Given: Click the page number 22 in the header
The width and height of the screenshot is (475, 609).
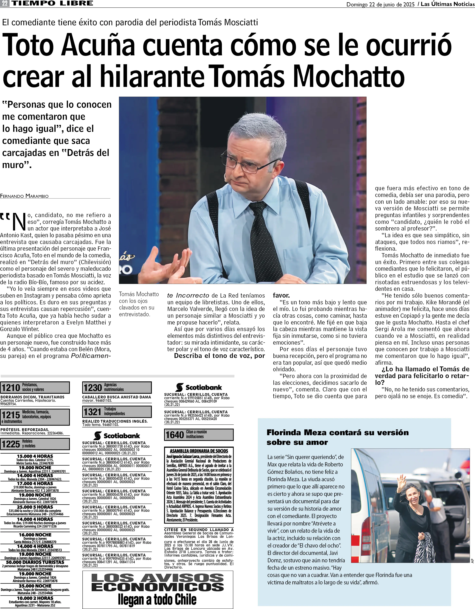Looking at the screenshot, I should pos(5,4).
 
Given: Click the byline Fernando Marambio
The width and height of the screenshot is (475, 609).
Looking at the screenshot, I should pos(24,196).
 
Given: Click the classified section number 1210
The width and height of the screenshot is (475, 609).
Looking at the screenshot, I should pos(11,388).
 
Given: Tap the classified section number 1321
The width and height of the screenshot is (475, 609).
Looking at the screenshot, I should pos(92,412).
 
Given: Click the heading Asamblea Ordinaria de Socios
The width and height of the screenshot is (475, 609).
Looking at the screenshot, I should pos(199,451).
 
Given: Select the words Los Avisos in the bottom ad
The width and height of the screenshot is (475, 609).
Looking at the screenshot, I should pos(157,578).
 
